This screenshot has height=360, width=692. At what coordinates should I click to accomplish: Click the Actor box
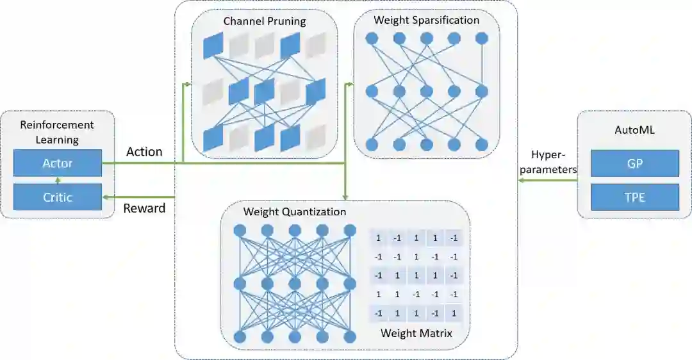58,163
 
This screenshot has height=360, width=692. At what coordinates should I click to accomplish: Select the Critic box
58,197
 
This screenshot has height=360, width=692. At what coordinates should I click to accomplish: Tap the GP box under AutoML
634,163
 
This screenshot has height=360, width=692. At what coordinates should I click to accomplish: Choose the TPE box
634,197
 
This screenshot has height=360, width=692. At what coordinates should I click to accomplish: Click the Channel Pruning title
265,21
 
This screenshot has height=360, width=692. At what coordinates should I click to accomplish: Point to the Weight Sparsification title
427,20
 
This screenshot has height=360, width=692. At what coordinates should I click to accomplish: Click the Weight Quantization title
295,211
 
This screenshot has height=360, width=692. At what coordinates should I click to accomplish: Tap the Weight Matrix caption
416,333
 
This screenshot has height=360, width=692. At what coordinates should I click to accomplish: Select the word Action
144,152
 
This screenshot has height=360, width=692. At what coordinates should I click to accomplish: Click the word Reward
144,208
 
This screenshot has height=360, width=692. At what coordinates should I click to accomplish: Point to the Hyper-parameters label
554,163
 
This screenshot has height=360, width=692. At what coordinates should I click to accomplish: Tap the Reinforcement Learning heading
57,132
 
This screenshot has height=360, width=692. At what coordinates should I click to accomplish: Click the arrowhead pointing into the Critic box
106,197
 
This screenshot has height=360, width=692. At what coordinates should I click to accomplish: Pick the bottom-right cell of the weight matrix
454,314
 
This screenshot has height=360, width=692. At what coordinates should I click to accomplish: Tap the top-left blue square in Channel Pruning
213,45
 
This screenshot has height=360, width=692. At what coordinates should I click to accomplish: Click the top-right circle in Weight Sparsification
482,38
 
